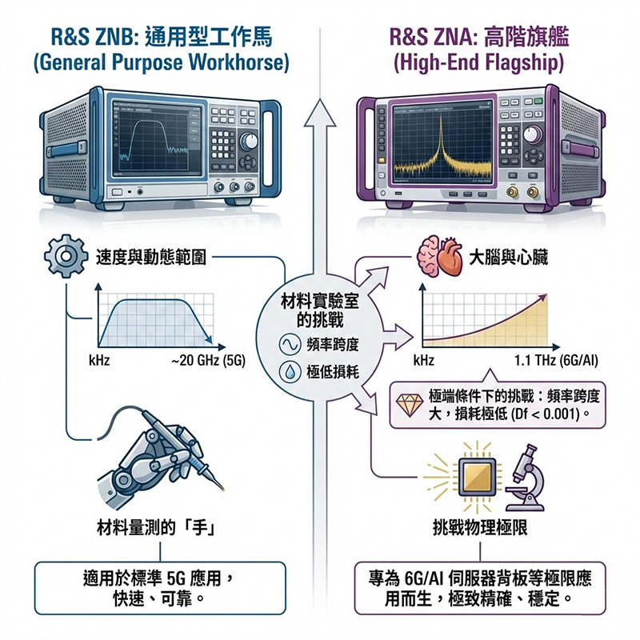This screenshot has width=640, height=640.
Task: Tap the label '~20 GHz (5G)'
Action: pos(208,360)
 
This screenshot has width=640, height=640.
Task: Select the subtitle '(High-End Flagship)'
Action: pos(478,62)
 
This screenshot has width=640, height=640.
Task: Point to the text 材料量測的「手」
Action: pos(158,526)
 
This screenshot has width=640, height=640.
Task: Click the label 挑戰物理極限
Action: pos(480,527)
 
